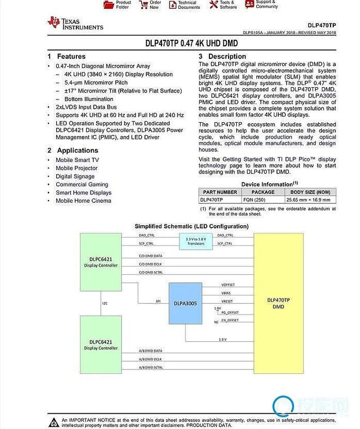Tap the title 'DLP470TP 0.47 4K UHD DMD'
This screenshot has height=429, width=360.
tap(191, 43)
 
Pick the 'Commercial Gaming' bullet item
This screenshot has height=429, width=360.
tap(82, 185)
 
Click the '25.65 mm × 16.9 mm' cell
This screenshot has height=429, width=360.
tap(311, 200)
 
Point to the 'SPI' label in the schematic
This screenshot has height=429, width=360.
tap(158, 300)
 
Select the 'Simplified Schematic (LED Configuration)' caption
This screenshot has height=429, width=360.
tap(191, 226)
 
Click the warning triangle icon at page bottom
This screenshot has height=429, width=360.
tap(54, 422)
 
